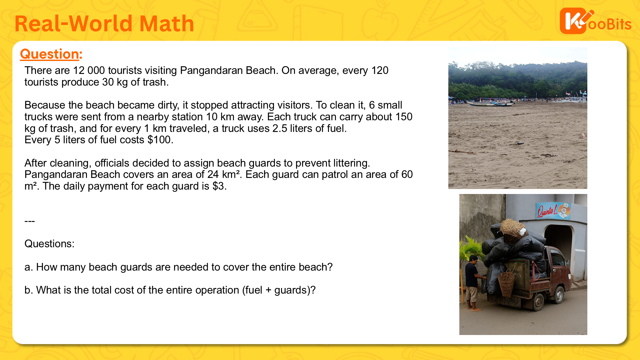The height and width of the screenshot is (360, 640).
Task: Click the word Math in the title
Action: click(167, 24)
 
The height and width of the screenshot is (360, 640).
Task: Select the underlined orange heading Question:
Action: click(51, 54)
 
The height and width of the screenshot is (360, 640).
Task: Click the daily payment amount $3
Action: click(218, 186)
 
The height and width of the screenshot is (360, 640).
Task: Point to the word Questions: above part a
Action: click(49, 244)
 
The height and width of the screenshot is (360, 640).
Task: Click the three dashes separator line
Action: click(30, 221)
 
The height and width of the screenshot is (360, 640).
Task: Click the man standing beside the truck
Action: click(473, 282)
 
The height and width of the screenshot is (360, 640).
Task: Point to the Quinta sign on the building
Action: click(553, 210)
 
